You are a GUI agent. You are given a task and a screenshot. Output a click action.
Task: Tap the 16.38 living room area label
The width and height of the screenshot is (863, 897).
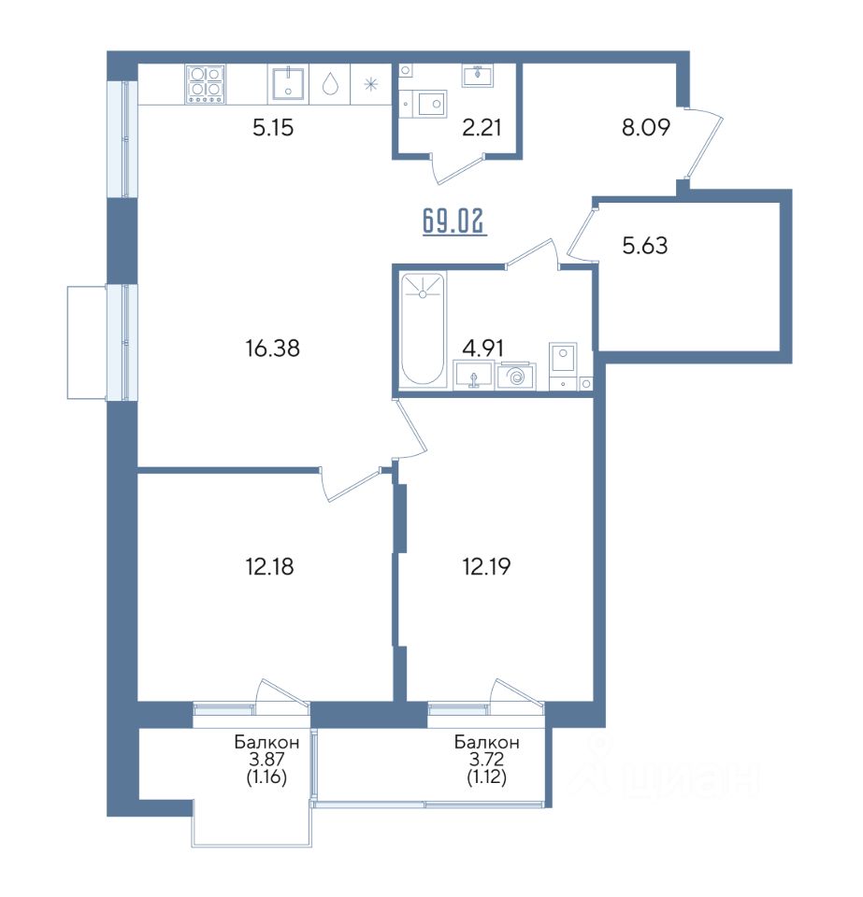point(273,348)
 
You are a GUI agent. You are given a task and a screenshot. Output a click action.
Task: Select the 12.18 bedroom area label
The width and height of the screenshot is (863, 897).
point(269,566)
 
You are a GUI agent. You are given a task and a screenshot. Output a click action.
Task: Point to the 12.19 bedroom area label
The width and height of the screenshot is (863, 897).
point(486,566)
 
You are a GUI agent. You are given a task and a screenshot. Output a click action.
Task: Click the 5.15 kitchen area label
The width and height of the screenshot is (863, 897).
point(273,127)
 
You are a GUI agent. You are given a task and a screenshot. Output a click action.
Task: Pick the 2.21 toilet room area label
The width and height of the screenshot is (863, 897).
point(482,127)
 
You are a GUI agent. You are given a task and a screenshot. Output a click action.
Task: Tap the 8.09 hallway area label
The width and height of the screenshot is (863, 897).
point(646,127)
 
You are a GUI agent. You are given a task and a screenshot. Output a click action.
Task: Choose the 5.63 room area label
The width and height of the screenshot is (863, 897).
point(645,246)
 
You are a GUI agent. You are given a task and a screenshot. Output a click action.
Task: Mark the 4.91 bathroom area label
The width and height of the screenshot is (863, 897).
point(483,348)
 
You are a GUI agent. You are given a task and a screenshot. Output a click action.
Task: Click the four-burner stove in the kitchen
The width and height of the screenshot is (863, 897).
point(205,84)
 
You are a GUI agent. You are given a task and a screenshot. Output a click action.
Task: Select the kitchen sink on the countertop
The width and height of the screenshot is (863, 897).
point(288,83)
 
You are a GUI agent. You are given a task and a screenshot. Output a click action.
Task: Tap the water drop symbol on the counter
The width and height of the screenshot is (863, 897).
point(329,84)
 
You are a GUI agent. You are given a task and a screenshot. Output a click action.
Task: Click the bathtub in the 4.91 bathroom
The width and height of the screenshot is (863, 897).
point(423,331)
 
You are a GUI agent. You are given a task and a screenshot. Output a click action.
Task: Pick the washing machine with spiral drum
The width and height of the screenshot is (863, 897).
point(515,377)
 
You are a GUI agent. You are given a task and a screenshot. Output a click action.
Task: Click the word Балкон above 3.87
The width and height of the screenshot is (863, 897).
point(266,743)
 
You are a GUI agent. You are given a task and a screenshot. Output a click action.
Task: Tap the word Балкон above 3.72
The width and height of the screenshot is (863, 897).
point(487,743)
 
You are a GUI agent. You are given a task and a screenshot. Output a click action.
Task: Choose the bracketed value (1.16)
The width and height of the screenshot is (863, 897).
point(266,777)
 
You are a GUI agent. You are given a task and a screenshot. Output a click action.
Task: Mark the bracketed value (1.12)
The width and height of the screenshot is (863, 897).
point(487,777)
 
